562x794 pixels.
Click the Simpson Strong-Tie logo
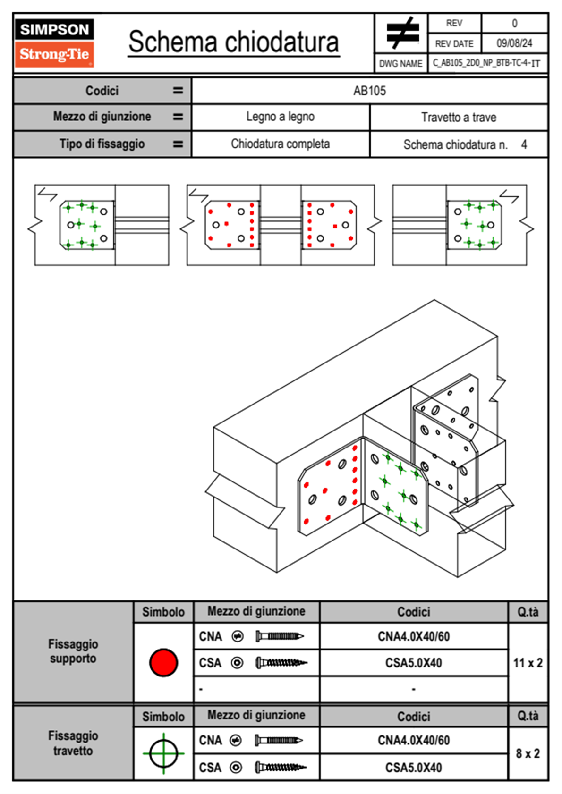(x=54, y=42)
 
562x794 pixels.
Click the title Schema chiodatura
(x=234, y=42)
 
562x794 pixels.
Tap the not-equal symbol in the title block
(x=402, y=33)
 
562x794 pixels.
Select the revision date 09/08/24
(x=514, y=43)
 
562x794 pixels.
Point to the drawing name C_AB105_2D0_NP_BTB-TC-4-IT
(x=486, y=63)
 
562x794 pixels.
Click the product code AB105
(x=369, y=91)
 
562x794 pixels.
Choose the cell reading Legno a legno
(x=280, y=117)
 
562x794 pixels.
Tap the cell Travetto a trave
(x=458, y=117)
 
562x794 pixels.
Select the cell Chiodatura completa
(x=280, y=144)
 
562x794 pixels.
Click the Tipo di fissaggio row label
(x=102, y=144)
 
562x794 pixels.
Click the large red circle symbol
(x=163, y=662)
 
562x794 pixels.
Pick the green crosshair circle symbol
(x=163, y=753)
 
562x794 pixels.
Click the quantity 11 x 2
(x=528, y=663)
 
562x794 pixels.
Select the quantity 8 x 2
(x=528, y=753)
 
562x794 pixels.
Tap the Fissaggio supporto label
(x=73, y=651)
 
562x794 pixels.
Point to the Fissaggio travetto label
(x=73, y=743)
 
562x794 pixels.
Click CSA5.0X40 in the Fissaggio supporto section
(x=413, y=663)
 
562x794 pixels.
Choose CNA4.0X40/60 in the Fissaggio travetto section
(x=413, y=740)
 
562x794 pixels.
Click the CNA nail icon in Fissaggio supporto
(x=279, y=636)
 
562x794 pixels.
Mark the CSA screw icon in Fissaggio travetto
(x=280, y=768)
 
